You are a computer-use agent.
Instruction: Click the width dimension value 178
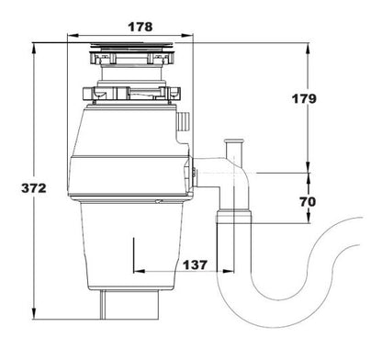point(139,27)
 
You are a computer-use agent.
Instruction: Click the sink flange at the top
point(132,46)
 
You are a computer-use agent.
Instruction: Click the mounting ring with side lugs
point(133,92)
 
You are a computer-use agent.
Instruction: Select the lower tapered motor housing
point(132,243)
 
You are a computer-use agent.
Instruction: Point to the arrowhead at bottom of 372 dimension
point(33,312)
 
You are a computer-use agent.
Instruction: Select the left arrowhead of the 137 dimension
point(138,272)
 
